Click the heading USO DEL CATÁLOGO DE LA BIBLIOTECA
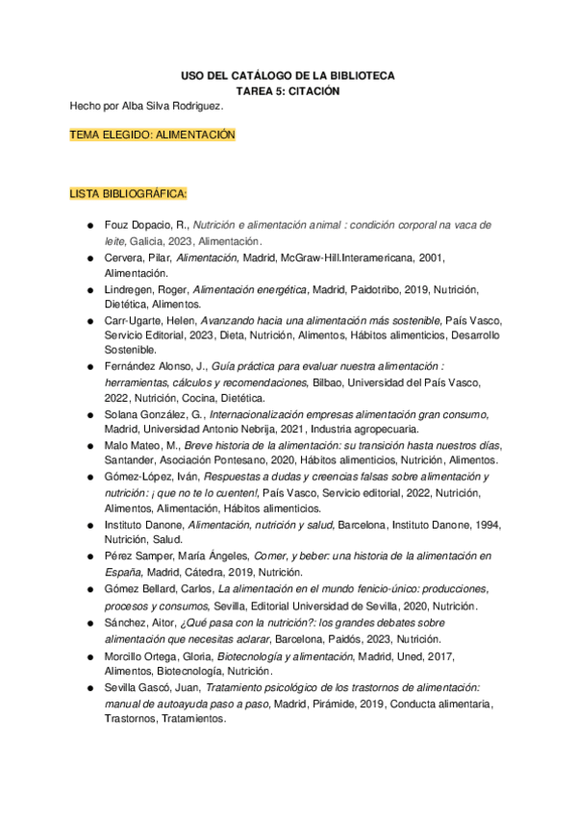pyautogui.click(x=288, y=75)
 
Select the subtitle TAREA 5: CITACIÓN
pyautogui.click(x=288, y=90)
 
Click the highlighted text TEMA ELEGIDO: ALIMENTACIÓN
pyautogui.click(x=152, y=136)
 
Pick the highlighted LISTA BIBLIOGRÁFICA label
pyautogui.click(x=128, y=194)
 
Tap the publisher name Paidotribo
pyautogui.click(x=373, y=289)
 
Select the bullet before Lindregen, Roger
pyautogui.click(x=88, y=289)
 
